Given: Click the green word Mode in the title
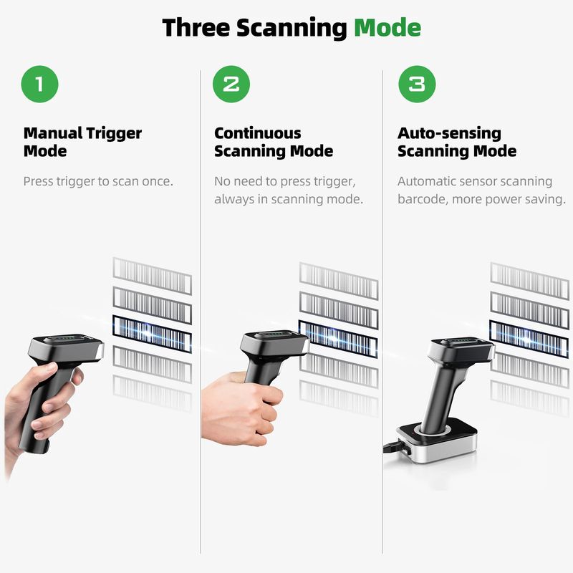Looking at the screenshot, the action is click(x=387, y=28).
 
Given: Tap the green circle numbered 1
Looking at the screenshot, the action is click(x=40, y=84).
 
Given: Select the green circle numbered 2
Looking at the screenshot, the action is click(x=231, y=84).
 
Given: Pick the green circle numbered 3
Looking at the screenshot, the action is click(x=417, y=84).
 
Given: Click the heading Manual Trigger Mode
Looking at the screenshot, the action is click(x=82, y=142).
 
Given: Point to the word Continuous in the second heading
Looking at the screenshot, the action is click(x=258, y=133).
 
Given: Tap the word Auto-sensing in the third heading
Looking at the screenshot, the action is click(x=450, y=133).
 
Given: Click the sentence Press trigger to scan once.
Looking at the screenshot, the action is click(x=98, y=181).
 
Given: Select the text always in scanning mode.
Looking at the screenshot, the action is click(x=289, y=199).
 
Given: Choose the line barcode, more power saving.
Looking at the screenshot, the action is click(x=481, y=199).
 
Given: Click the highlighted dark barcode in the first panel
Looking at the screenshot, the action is click(x=152, y=334).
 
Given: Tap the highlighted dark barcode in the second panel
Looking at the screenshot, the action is click(x=338, y=339).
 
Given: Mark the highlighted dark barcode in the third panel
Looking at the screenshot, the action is click(x=529, y=339).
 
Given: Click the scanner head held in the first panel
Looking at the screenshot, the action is click(x=66, y=348).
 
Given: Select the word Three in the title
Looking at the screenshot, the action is click(x=196, y=28).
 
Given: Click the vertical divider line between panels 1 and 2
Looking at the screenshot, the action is click(x=201, y=312).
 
